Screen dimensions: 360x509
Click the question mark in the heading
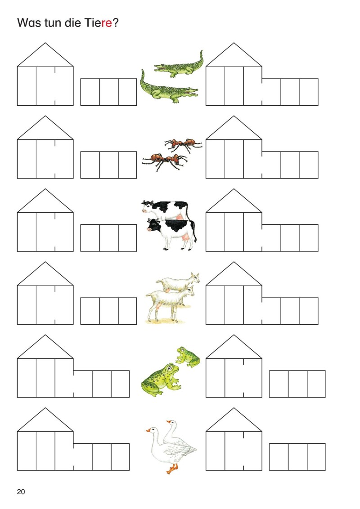coord(116,23)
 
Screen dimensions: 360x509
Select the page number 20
coord(21,492)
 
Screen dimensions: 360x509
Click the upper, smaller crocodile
coord(179,67)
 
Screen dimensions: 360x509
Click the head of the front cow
coord(153,225)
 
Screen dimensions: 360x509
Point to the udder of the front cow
coord(187,239)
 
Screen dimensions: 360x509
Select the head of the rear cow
coord(147,206)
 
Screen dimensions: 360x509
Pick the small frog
coord(188,357)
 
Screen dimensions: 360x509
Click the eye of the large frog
coord(170,368)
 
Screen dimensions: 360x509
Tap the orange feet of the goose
coord(172,469)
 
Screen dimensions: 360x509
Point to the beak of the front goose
coord(148,430)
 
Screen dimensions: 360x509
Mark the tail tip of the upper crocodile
coord(202,51)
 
